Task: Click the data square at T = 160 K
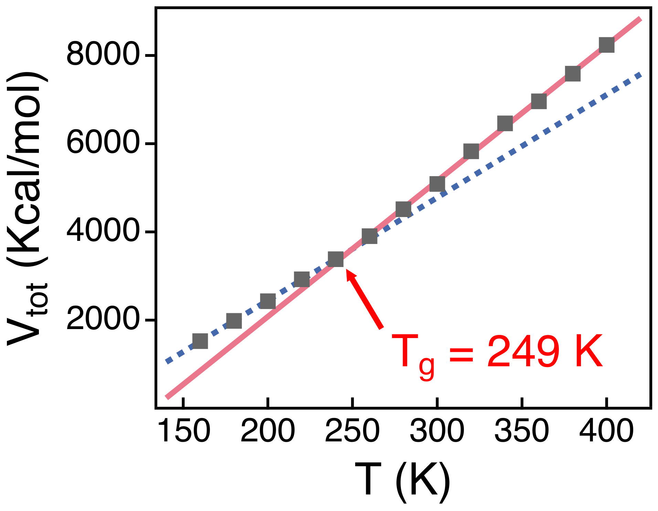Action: pyautogui.click(x=200, y=341)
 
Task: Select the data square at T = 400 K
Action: pyautogui.click(x=606, y=45)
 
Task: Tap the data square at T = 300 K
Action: pyautogui.click(x=437, y=184)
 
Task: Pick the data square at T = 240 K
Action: pyautogui.click(x=336, y=259)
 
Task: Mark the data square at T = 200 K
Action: pyautogui.click(x=268, y=301)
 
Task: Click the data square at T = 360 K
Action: pyautogui.click(x=539, y=101)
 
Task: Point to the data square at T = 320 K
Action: pyautogui.click(x=471, y=151)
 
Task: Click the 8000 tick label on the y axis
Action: pyautogui.click(x=103, y=55)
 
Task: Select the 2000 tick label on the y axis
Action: pyautogui.click(x=103, y=320)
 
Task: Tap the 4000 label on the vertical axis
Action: pyautogui.click(x=103, y=232)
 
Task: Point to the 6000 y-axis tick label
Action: pyautogui.click(x=103, y=144)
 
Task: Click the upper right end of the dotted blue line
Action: pyautogui.click(x=640, y=73)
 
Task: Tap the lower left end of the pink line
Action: pyautogui.click(x=167, y=398)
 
